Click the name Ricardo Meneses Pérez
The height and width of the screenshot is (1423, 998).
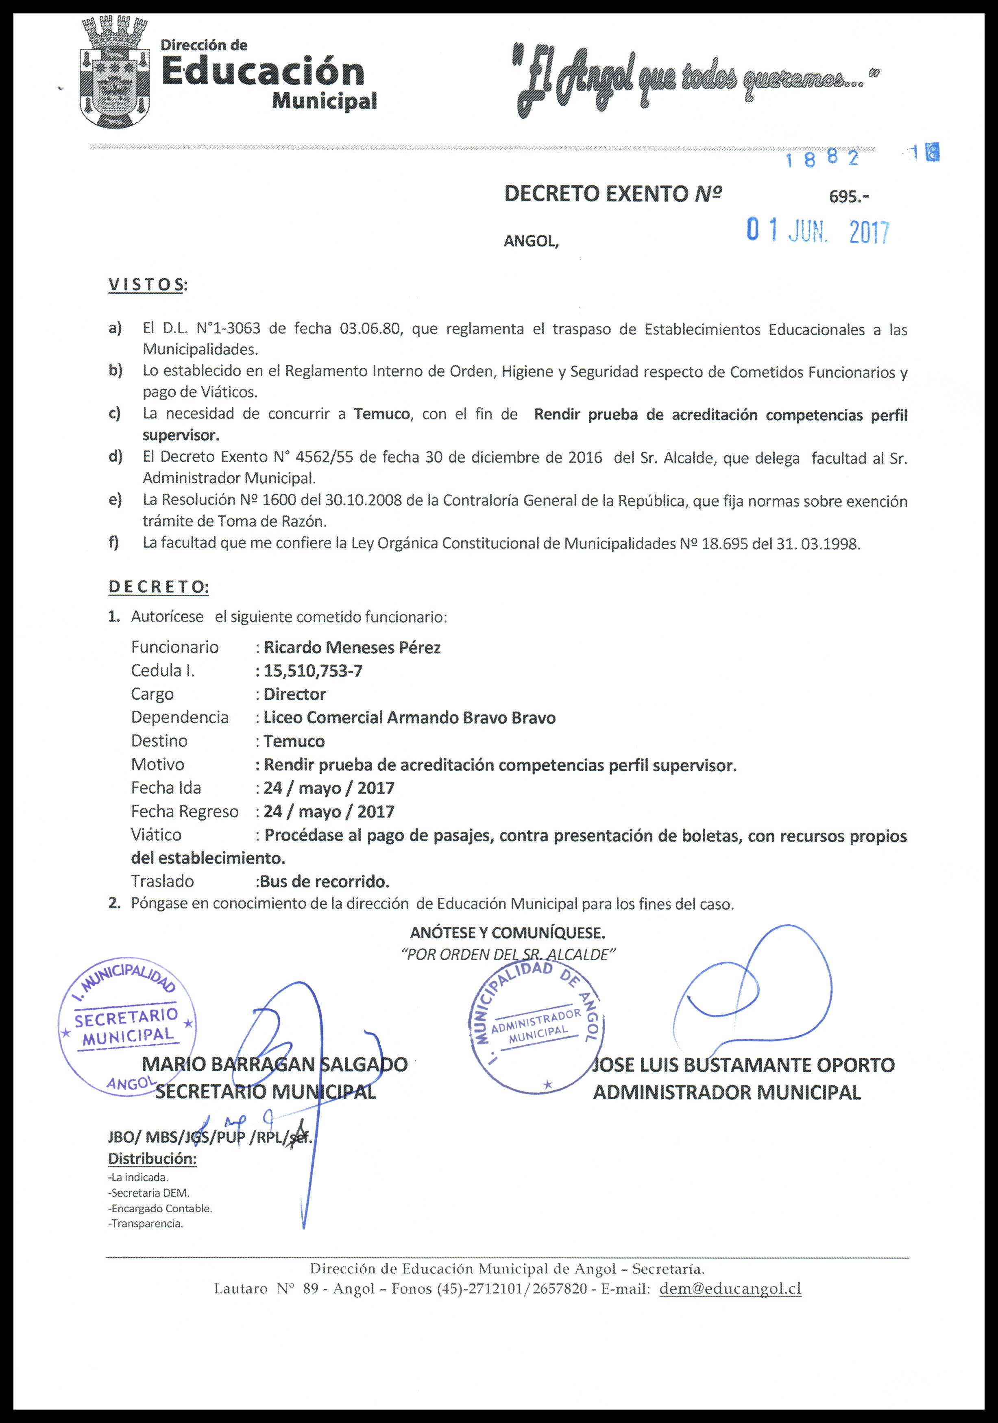pos(352,648)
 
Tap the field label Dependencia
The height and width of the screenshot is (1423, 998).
pos(180,717)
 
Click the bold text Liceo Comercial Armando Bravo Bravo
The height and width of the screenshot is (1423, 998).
pos(410,718)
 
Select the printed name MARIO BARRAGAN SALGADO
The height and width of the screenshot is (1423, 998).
pos(275,1064)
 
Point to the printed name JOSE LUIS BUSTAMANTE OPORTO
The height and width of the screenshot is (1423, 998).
pos(743,1065)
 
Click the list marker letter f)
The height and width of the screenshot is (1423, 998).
pos(114,543)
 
